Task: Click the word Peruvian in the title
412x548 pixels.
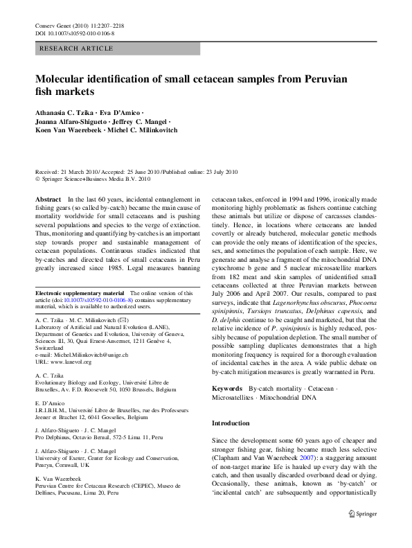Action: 319,79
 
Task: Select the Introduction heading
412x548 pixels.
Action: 231,423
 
